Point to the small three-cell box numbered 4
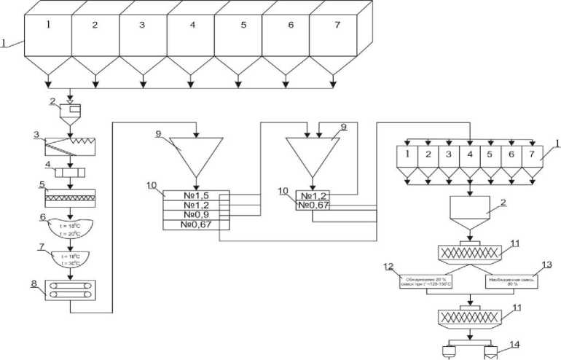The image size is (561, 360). pyautogui.click(x=71, y=175)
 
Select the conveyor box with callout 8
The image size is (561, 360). pyautogui.click(x=71, y=290)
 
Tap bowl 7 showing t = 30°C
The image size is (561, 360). pyautogui.click(x=71, y=259)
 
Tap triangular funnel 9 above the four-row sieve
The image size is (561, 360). pyautogui.click(x=195, y=154)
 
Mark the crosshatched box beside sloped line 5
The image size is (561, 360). pyautogui.click(x=71, y=197)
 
